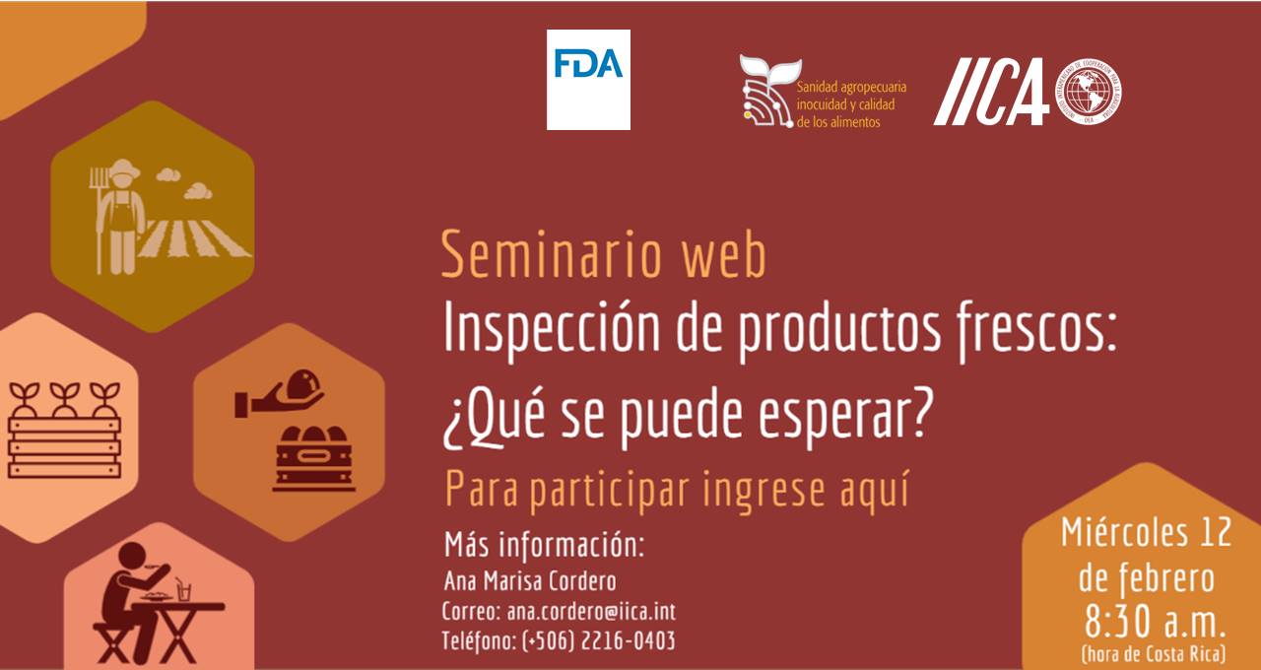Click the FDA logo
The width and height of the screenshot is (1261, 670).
(x=588, y=80)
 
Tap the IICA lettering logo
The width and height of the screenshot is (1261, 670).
(x=991, y=92)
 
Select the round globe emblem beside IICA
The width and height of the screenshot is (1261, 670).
(x=1088, y=92)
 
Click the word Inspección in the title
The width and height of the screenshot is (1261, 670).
(x=552, y=329)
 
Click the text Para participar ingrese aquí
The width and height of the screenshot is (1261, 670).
(x=677, y=490)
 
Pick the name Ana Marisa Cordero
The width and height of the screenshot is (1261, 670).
(x=530, y=581)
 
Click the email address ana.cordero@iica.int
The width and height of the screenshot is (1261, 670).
(x=591, y=612)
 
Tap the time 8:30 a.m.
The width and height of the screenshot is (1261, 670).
(x=1154, y=622)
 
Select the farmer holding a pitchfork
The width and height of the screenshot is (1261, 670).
(x=119, y=217)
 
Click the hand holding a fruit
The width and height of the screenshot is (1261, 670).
(x=279, y=393)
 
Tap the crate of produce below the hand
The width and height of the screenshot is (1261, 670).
(x=313, y=459)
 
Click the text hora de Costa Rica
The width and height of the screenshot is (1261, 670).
(x=1154, y=654)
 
